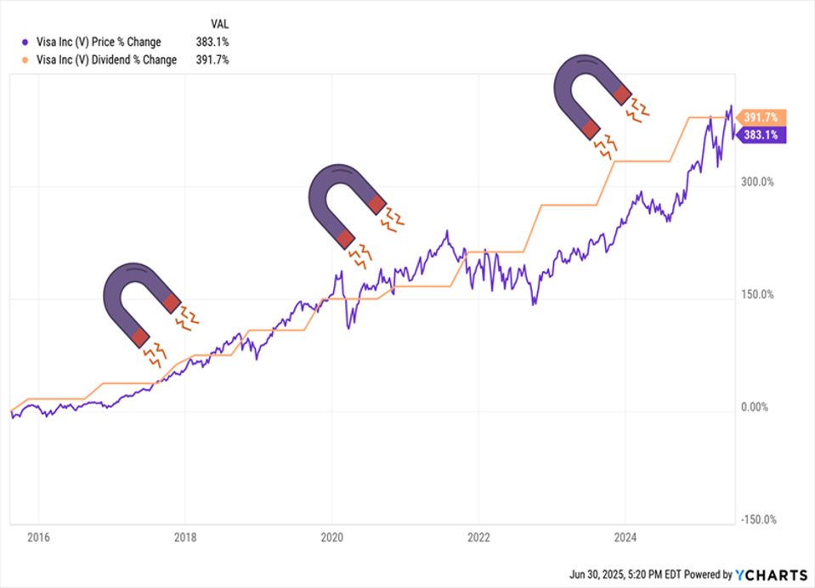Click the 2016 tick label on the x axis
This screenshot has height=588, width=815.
[38, 536]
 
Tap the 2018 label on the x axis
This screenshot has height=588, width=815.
[185, 536]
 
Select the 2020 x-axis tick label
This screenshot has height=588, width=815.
[331, 536]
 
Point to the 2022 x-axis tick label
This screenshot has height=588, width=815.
[478, 536]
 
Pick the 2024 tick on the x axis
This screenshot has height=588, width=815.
[625, 536]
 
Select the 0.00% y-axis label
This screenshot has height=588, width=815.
[754, 407]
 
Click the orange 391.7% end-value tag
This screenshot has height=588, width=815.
[762, 118]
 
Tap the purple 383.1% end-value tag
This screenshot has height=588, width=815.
[762, 134]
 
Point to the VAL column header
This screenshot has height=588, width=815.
[218, 24]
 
